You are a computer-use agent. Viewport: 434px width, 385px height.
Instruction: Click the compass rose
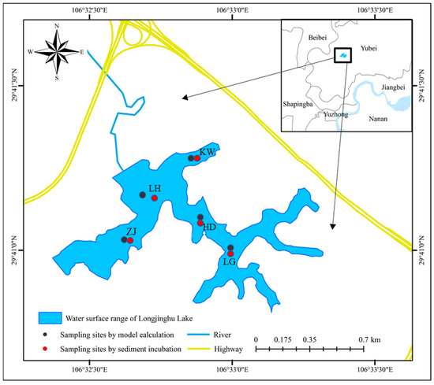tap(57, 52)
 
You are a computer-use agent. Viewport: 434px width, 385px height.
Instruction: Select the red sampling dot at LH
tap(155, 198)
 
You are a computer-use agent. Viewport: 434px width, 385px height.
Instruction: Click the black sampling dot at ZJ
tap(124, 239)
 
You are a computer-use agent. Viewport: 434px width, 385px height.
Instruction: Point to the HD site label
tap(209, 228)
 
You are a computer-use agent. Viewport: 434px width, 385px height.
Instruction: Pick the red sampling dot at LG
tap(230, 254)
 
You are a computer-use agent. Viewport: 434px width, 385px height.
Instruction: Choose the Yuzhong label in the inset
tap(336, 115)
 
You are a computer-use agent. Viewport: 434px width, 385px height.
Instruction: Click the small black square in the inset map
tap(342, 55)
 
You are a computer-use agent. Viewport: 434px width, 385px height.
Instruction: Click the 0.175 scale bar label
tap(282, 339)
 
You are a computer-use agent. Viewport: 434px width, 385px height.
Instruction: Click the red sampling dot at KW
tap(197, 158)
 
